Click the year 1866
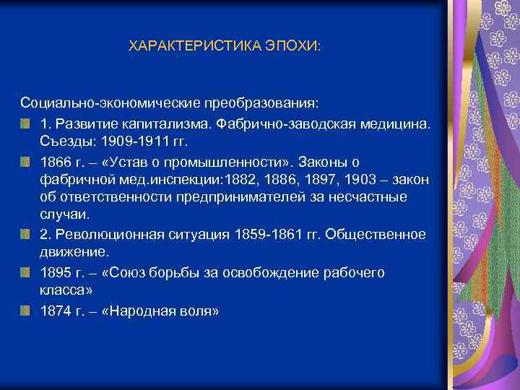(x=56, y=160)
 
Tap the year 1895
(x=56, y=273)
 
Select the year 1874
(x=56, y=311)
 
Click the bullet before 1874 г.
(x=26, y=311)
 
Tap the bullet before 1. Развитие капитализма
(x=26, y=123)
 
